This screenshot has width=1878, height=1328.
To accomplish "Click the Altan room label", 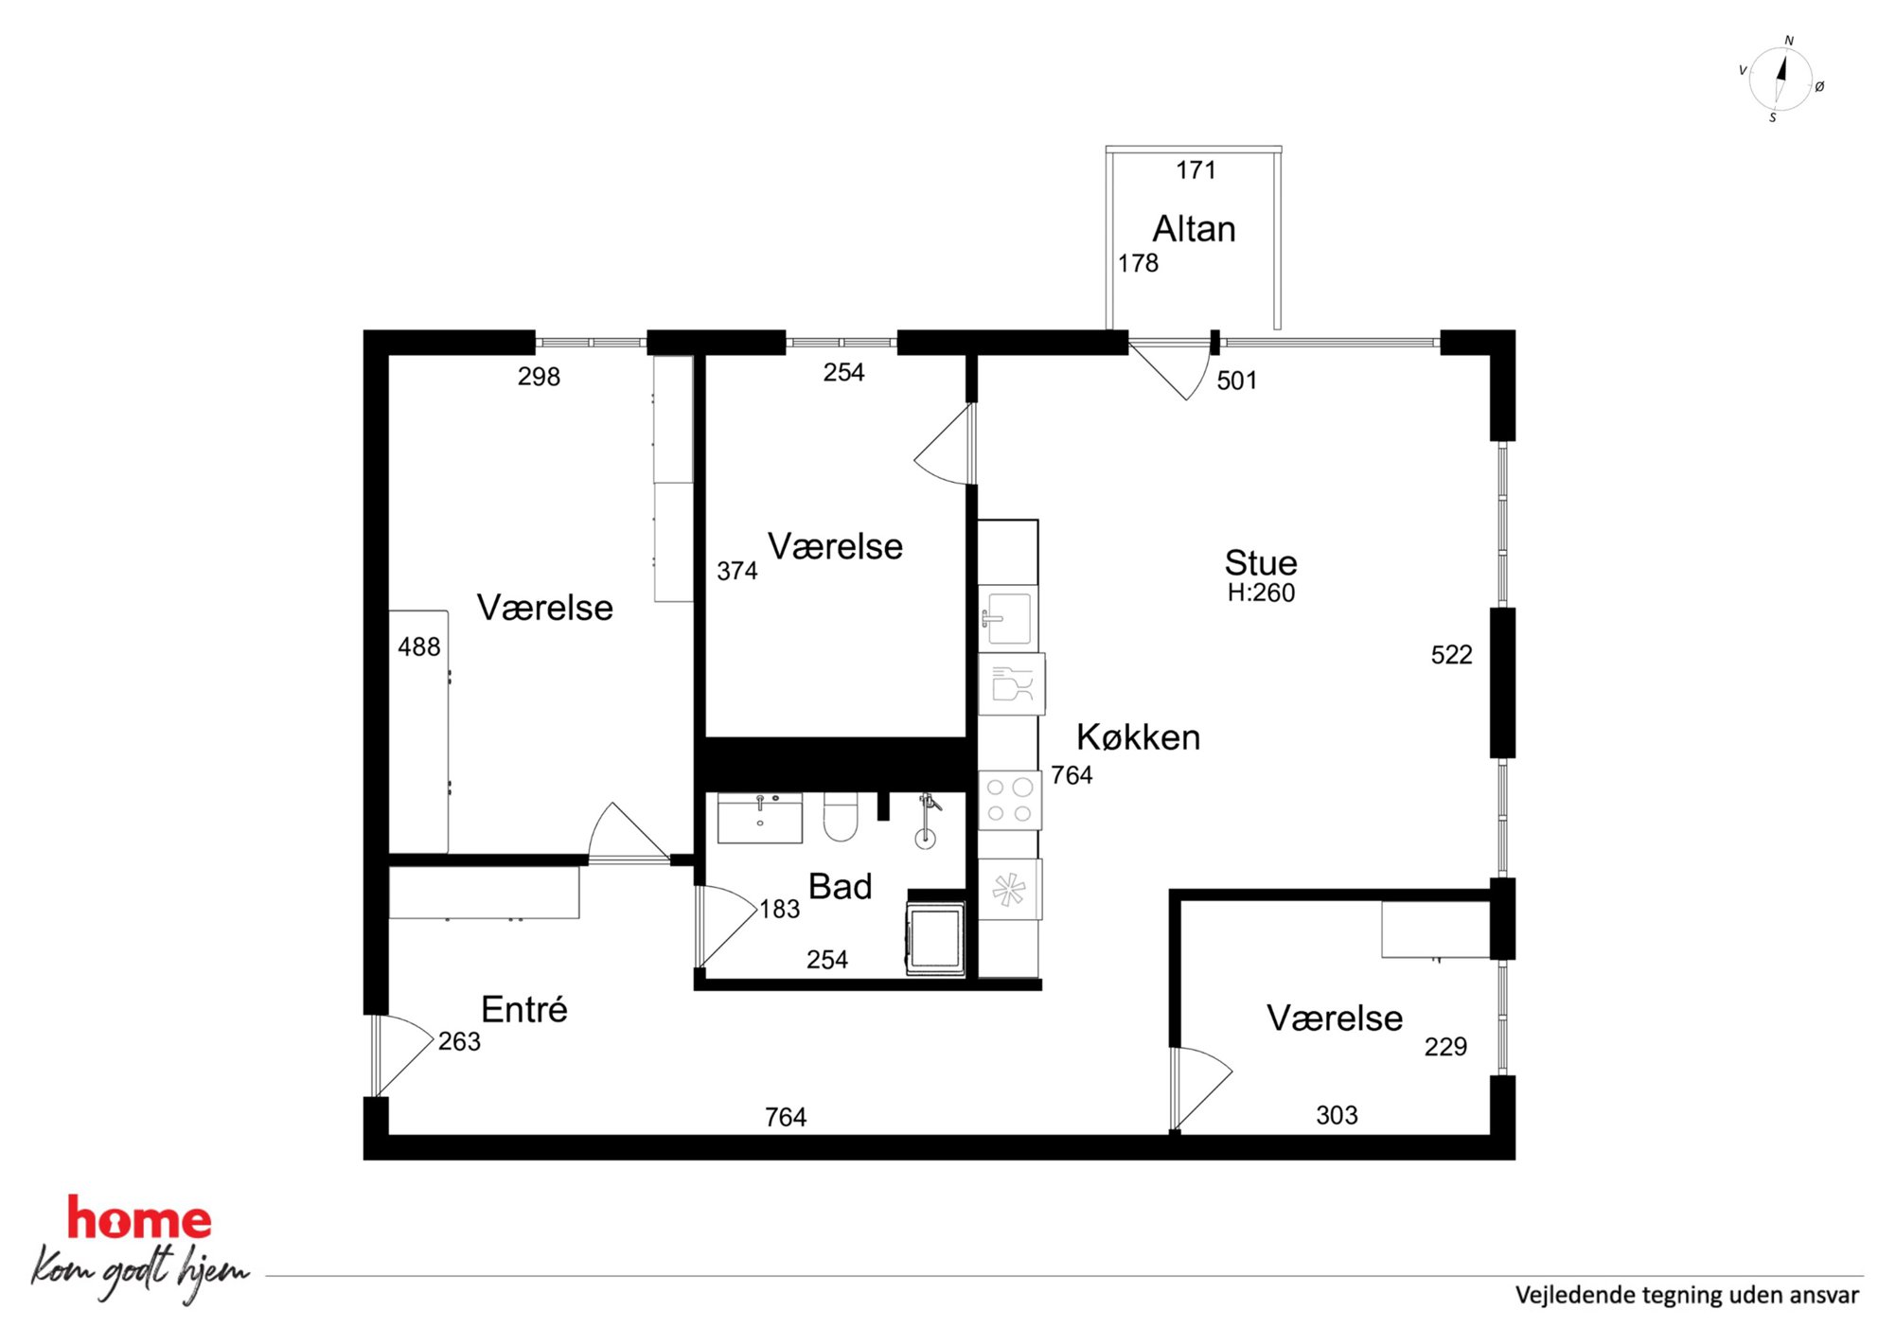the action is pos(1194,229).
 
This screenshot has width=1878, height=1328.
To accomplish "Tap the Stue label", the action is pos(1261,562).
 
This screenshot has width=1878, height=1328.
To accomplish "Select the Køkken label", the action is pos(1138,736).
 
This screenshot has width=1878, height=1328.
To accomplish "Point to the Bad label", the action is pos(840,886).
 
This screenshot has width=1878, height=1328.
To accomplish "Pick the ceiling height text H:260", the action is pos(1261,593).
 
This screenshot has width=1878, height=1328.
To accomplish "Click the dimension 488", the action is pos(418,646).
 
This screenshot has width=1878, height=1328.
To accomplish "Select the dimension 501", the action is pos(1236,381).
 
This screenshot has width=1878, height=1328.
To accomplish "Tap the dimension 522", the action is pos(1451,654).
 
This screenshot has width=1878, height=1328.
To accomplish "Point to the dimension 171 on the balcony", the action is pos(1196,169).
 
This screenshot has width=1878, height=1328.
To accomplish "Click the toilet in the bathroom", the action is pos(841,817).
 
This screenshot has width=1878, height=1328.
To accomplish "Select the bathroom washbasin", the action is pos(760,818).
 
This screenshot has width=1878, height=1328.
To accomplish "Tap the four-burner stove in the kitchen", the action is pos(1010,800).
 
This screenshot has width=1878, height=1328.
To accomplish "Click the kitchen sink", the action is pos(1008,618).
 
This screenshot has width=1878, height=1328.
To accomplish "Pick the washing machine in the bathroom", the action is pos(935,937).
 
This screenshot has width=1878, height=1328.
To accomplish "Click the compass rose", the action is pos(1781,80).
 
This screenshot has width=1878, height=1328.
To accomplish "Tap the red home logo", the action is pos(139,1220).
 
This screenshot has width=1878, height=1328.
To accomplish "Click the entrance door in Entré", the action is pos(402,1055).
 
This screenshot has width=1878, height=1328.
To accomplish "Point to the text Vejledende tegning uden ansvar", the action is pos(1687,1295).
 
